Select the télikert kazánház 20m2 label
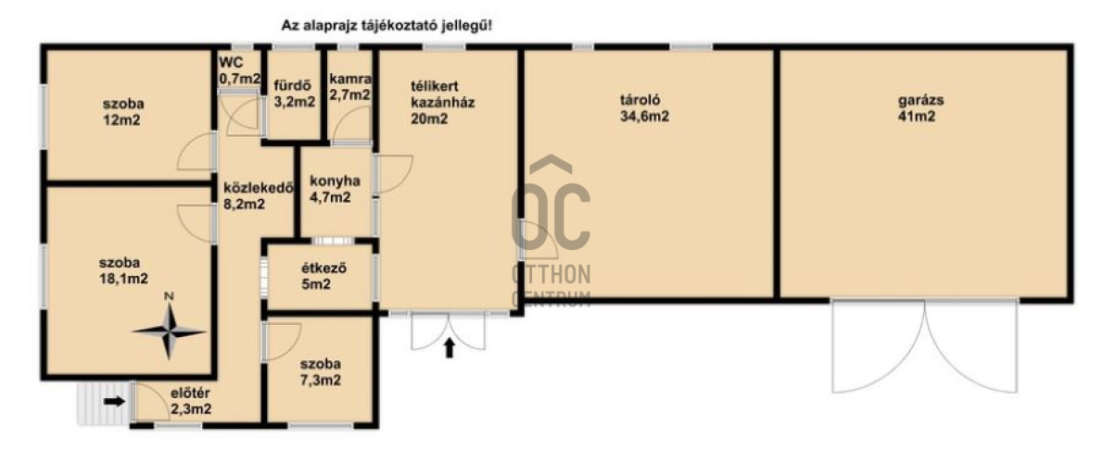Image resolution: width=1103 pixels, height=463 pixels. (443, 103)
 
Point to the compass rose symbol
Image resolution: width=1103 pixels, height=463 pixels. (169, 331)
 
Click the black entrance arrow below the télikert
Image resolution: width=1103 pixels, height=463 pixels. (450, 347)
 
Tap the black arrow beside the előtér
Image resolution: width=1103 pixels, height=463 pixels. (114, 401)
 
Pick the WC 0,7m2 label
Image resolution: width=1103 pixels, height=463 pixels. (236, 70)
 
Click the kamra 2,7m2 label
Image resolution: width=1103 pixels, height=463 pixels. (349, 86)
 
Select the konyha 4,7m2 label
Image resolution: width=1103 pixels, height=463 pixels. (334, 189)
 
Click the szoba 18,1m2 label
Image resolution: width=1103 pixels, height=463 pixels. (123, 271)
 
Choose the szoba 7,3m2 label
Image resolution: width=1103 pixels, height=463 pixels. (321, 372)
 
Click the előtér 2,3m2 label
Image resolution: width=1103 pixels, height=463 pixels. (191, 400)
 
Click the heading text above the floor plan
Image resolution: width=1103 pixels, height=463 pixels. (387, 26)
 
